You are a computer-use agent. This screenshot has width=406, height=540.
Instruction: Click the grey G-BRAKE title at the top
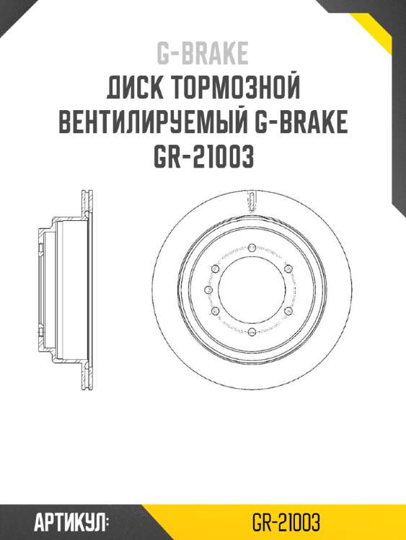pos(203,54)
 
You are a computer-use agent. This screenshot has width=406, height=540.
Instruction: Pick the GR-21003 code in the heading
pos(203,156)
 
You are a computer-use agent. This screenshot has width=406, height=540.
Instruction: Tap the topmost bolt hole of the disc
pos(252,248)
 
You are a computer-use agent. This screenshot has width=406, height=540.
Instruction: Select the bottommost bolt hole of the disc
pos(252,331)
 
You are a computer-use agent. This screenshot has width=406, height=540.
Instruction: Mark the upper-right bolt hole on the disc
pos(288,269)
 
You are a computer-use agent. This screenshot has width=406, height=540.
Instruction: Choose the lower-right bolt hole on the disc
pos(288,310)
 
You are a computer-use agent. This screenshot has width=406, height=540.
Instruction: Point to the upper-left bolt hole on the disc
pos(215,269)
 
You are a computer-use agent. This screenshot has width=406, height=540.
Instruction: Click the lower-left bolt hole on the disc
pos(215,310)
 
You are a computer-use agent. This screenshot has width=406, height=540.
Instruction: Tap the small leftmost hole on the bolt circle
pos(208,289)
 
